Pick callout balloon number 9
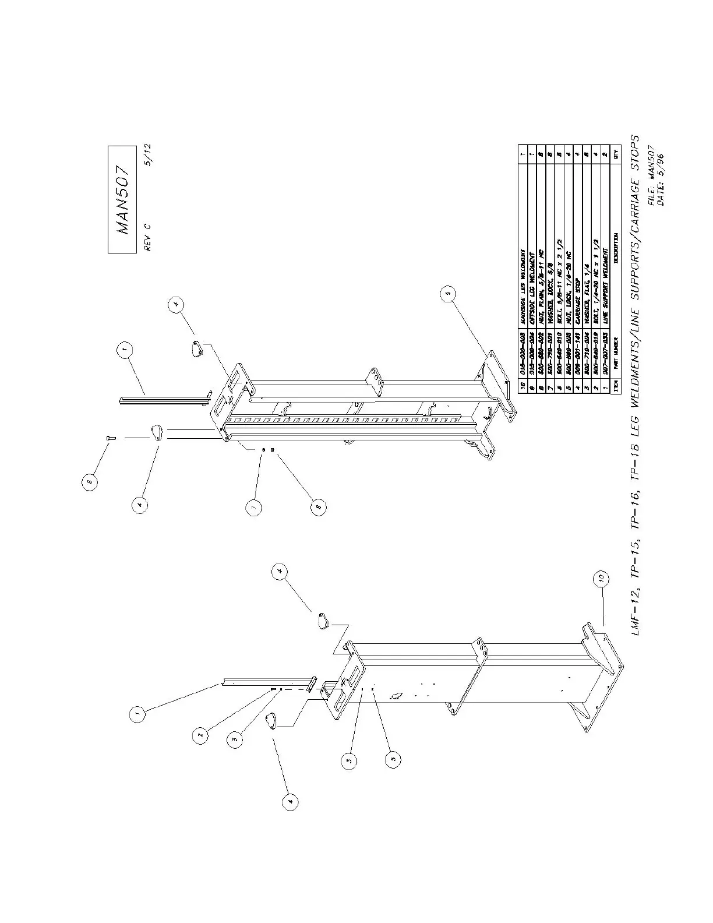pyautogui.click(x=447, y=296)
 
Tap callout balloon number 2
pyautogui.click(x=200, y=735)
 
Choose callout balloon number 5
pyautogui.click(x=393, y=758)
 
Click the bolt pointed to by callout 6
pyautogui.click(x=111, y=438)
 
